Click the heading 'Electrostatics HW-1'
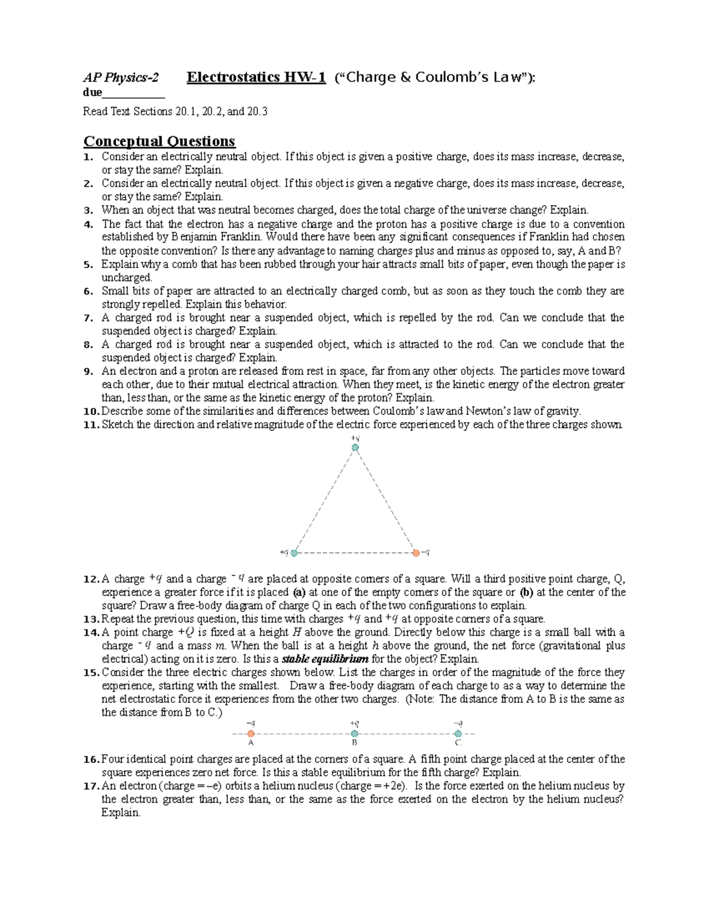pyautogui.click(x=256, y=77)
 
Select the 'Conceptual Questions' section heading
pyautogui.click(x=159, y=141)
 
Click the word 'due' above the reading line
pyautogui.click(x=93, y=92)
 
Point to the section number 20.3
pyautogui.click(x=257, y=111)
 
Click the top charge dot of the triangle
pyautogui.click(x=355, y=448)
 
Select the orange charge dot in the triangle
pyautogui.click(x=416, y=553)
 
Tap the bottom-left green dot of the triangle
pyautogui.click(x=294, y=553)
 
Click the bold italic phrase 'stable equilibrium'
pyautogui.click(x=325, y=659)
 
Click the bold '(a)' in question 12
pyautogui.click(x=299, y=592)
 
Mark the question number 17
pyautogui.click(x=91, y=786)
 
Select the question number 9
pyautogui.click(x=88, y=371)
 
